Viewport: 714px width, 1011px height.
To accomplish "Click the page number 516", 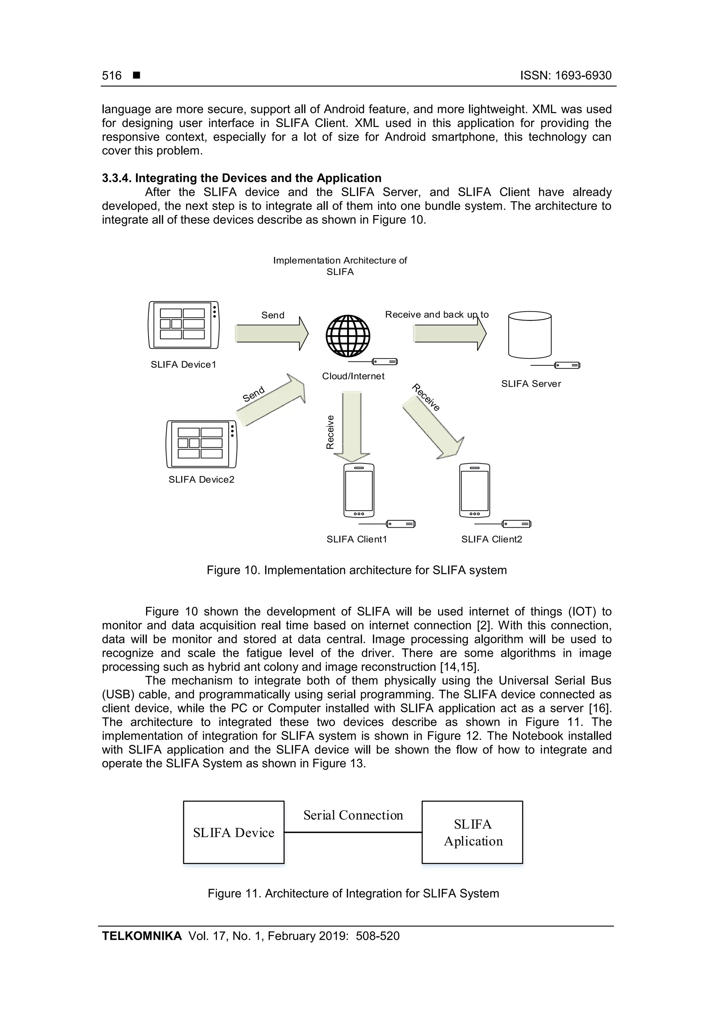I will [112, 76].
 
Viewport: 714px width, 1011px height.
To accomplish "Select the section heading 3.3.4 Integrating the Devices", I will [242, 178].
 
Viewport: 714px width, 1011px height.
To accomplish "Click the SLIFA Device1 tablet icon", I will [183, 325].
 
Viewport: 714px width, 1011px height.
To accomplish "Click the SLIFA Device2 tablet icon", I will [201, 444].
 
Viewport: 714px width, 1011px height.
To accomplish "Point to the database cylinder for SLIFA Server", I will [529, 335].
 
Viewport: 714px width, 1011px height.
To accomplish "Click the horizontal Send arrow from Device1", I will [272, 334].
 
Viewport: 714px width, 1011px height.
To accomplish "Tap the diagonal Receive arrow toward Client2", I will [433, 427].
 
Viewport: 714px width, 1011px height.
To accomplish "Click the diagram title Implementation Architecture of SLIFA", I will [340, 266].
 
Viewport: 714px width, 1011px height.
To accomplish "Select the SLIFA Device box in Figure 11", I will [234, 832].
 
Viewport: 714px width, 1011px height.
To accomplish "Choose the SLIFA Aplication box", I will [472, 832].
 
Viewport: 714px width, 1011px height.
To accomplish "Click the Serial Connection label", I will [353, 815].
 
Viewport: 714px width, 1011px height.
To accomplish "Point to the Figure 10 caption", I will [356, 570].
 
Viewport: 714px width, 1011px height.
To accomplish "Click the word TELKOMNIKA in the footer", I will [142, 936].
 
